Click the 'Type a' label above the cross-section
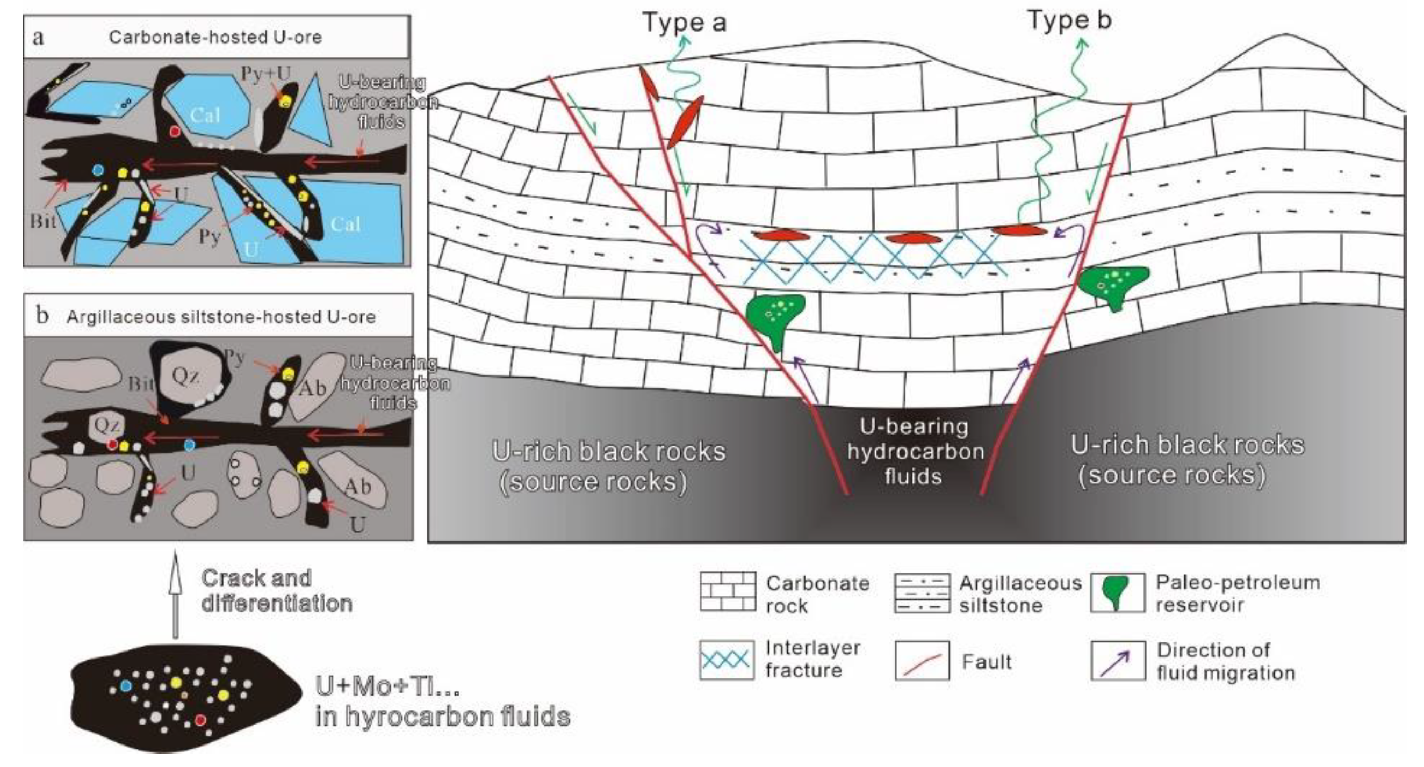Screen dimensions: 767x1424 tap(684, 23)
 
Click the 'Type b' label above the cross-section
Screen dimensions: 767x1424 tap(1069, 20)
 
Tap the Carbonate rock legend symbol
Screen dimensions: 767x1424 tap(727, 591)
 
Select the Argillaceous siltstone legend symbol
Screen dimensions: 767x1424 tap(922, 593)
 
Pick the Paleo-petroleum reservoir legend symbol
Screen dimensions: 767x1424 tap(1117, 592)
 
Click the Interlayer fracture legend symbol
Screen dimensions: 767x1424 tap(727, 660)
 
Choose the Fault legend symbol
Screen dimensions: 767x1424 tap(922, 661)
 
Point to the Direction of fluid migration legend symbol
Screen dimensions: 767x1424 tap(1117, 661)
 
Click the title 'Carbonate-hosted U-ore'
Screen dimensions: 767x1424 tap(215, 37)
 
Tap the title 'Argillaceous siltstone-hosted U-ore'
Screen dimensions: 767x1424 tap(221, 317)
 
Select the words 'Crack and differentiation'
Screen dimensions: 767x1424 tap(276, 591)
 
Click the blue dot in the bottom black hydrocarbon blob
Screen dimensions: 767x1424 tap(126, 686)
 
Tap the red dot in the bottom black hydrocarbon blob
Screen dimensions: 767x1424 tap(200, 720)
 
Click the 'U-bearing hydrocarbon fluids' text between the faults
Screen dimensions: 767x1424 tap(915, 452)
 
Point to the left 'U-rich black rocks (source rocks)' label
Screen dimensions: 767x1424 tap(608, 466)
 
